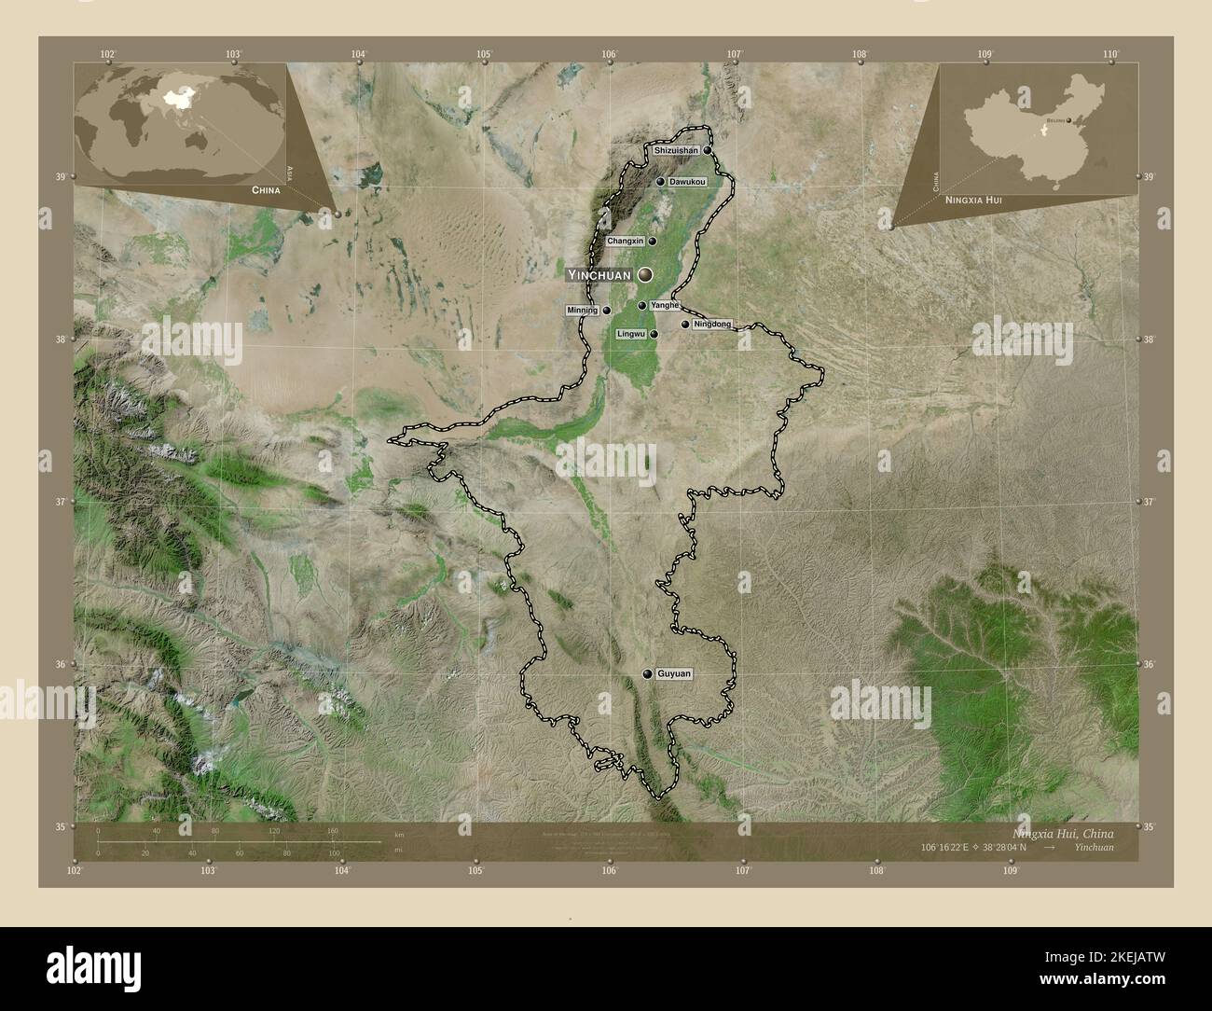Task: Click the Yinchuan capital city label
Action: coord(599,275)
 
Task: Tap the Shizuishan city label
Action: coord(676,150)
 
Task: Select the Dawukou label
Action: coord(687,182)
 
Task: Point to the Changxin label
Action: coord(625,241)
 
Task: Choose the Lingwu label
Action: coord(631,333)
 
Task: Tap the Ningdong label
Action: coord(712,325)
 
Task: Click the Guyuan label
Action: coord(674,673)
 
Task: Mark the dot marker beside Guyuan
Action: coord(647,673)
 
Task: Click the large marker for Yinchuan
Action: coord(644,274)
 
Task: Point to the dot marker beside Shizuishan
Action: coord(708,150)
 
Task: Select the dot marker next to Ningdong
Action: coord(685,325)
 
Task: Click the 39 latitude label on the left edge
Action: coord(60,177)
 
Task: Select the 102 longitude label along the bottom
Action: coord(75,871)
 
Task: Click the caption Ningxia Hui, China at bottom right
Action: coord(1062,833)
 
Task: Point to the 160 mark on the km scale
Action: coord(332,831)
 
